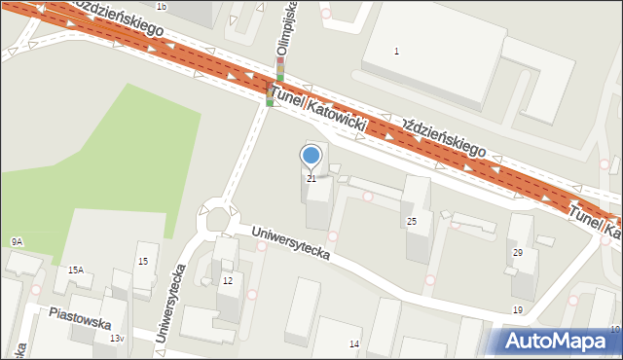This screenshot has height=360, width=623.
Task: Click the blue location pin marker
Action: (311, 156)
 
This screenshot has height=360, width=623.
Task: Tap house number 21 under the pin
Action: (311, 179)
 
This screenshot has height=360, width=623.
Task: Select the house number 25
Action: (412, 222)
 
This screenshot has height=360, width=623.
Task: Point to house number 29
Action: (518, 253)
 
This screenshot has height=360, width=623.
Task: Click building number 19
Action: (518, 310)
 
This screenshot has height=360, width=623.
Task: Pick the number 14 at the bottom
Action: (354, 344)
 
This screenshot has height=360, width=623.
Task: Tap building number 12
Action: (228, 281)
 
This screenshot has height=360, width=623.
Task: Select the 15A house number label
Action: (75, 270)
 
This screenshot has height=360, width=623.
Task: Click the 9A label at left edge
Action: (17, 241)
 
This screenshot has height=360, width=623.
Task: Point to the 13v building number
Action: (117, 338)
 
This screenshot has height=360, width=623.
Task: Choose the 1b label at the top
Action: (162, 7)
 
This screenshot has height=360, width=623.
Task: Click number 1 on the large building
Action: (396, 51)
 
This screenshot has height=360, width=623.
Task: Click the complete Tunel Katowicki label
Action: (318, 109)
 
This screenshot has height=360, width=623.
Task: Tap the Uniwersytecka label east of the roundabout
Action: (290, 244)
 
